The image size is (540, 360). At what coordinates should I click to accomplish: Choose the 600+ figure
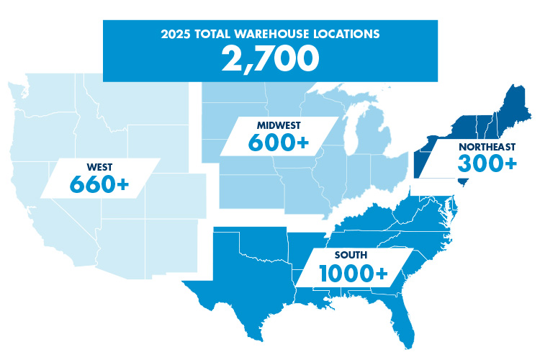(278, 143)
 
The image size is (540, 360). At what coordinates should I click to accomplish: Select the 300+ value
(487, 164)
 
